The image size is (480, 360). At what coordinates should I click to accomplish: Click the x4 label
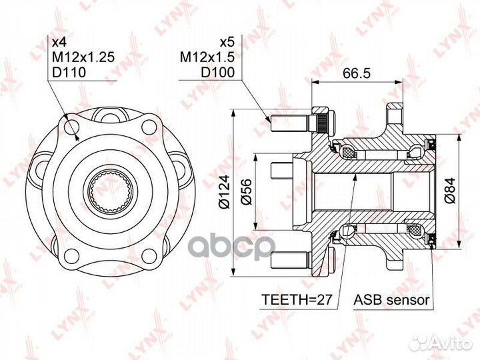(59, 42)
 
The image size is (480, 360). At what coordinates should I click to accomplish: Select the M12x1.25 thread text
(83, 57)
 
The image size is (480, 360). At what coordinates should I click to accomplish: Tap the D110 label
(69, 72)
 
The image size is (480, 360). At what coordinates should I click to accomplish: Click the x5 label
(227, 42)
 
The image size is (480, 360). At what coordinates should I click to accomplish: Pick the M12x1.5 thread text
(207, 57)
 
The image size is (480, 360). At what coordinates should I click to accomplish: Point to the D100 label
(217, 72)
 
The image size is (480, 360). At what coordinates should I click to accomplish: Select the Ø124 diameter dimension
(225, 192)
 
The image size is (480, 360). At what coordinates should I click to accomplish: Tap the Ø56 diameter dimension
(247, 192)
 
